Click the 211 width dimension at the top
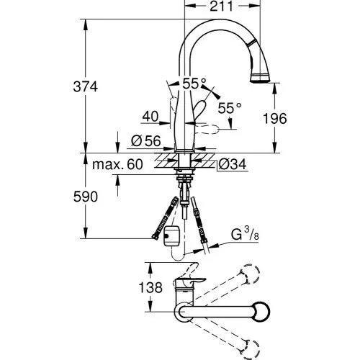tap(221, 6)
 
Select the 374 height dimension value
tap(86, 86)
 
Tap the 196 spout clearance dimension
tap(275, 118)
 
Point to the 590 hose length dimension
tap(86, 197)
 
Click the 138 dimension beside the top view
tap(150, 287)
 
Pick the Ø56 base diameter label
tap(146, 141)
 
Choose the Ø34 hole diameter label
tap(233, 164)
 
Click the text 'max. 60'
tap(117, 164)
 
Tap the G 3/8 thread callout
tap(245, 234)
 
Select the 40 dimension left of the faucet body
tap(150, 116)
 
